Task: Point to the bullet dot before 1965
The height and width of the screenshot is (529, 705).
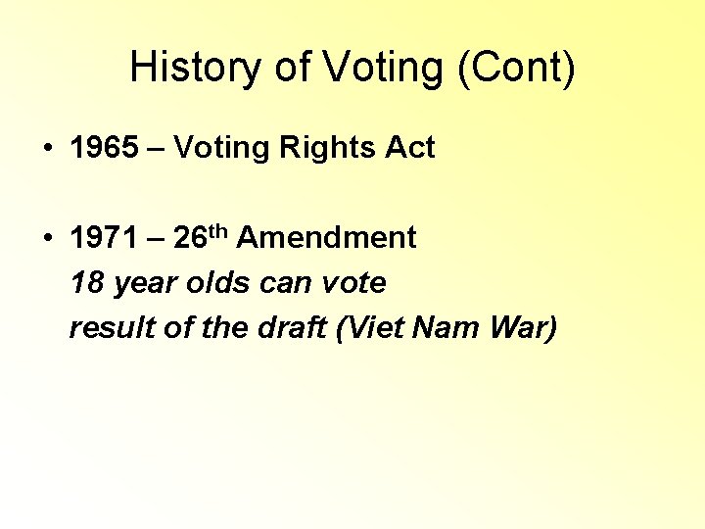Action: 47,149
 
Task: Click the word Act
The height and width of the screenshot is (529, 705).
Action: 410,148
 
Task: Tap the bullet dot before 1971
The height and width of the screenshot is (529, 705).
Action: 47,238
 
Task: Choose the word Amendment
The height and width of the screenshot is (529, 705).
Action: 326,237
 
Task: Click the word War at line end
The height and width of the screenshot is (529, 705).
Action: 526,328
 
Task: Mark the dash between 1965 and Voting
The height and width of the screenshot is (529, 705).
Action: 157,149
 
